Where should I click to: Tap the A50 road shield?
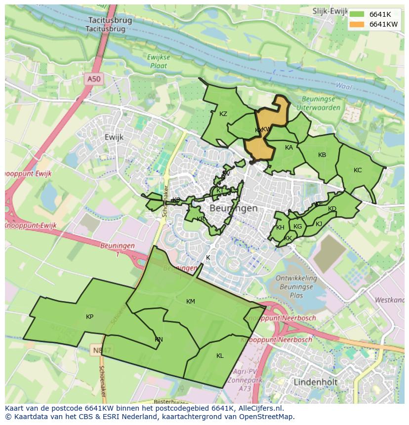pos(93,79)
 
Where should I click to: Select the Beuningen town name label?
pos(234,208)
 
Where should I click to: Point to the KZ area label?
pos(223,114)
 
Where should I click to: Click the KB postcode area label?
pos(322,155)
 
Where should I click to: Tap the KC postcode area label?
pos(358,170)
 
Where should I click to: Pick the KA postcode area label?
pos(289,148)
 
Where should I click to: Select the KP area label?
pos(89,317)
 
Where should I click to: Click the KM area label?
pos(191,302)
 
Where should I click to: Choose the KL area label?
pos(220,356)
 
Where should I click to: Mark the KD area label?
pos(332,209)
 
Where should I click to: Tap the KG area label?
pos(297,227)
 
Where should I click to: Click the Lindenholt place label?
pos(315,382)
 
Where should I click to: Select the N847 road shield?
pos(102,350)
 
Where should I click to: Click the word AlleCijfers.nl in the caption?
pos(266,408)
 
